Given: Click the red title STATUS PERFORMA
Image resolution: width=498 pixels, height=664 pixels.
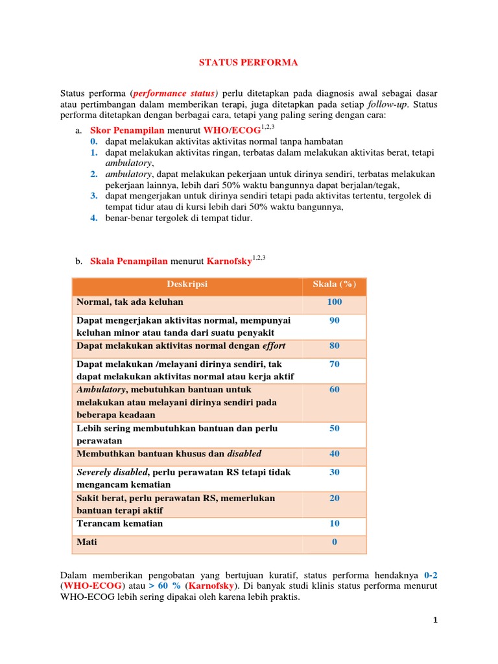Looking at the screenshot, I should (248, 63).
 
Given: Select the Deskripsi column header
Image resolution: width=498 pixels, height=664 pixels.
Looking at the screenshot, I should (187, 284).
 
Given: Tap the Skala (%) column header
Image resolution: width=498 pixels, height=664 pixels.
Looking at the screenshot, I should (335, 284).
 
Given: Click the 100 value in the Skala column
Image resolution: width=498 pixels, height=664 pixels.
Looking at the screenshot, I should (335, 302).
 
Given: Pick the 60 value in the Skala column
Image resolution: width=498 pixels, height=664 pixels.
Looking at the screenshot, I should (335, 390).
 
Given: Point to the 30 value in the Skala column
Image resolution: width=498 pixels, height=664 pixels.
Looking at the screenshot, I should (335, 472).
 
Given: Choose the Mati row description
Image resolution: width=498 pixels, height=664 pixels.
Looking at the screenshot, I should (87, 542).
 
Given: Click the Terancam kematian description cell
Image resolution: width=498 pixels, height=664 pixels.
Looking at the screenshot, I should (120, 523).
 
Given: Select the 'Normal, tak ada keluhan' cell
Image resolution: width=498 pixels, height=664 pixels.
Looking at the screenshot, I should (130, 302).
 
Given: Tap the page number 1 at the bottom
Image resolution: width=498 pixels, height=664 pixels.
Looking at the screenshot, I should (436, 621).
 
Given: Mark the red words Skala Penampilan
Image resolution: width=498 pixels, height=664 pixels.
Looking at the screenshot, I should (128, 261).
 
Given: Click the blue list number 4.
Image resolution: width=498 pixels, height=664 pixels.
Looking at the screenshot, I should (93, 218).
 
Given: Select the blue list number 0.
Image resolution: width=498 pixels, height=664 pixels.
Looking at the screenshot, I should (93, 141).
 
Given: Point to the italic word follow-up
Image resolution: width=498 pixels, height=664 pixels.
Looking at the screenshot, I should (388, 104).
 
